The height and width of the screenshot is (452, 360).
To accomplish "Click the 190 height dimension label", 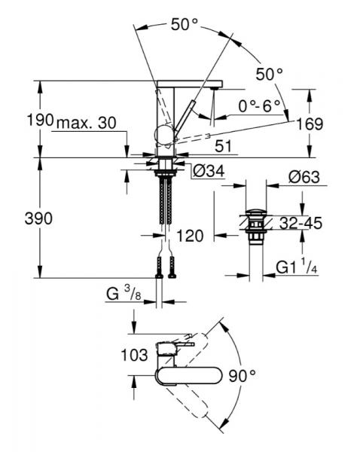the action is (40, 120).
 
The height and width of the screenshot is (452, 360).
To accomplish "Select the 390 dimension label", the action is (38, 218).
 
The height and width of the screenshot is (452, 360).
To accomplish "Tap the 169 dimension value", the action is (310, 124).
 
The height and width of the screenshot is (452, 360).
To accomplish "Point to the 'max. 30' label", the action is (87, 123).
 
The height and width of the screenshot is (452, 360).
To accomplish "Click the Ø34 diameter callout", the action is (209, 172).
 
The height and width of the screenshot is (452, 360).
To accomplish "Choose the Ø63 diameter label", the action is (304, 177).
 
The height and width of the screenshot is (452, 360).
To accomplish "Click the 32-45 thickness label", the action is (301, 223).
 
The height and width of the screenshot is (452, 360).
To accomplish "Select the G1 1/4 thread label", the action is (297, 267).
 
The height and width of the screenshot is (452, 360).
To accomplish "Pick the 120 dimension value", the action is (190, 236).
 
